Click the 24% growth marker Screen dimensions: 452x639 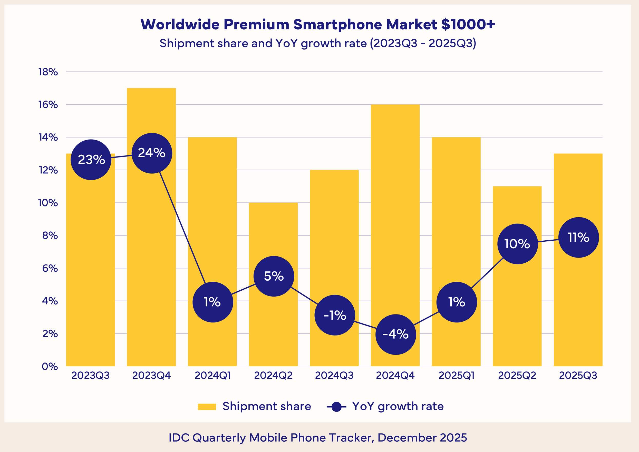(x=152, y=153)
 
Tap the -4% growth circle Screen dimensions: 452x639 (x=396, y=334)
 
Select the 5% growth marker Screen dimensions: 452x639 (x=274, y=276)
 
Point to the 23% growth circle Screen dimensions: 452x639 (x=91, y=160)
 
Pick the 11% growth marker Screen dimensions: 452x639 (x=579, y=237)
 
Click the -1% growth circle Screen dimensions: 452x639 (x=335, y=315)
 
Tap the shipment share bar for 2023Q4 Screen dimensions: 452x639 (x=151, y=250)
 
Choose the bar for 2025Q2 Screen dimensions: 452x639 (x=517, y=306)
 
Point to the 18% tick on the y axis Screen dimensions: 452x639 (x=48, y=72)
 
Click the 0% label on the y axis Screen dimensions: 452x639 (x=50, y=366)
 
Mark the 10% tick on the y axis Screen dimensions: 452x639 (x=48, y=203)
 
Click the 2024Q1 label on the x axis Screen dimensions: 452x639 (x=213, y=376)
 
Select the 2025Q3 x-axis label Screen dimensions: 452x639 (x=578, y=376)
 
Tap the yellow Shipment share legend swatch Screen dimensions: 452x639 (x=207, y=407)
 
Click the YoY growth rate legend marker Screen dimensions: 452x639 (x=336, y=407)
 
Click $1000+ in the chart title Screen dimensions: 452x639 (x=468, y=24)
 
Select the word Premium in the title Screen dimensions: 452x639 (x=256, y=24)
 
